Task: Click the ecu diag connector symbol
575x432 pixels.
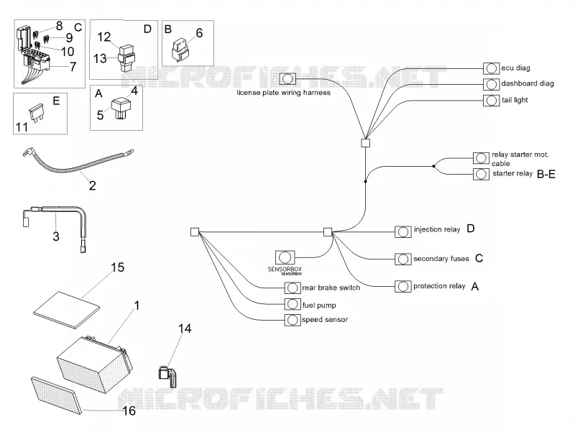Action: coord(491,68)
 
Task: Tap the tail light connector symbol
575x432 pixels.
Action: coord(491,101)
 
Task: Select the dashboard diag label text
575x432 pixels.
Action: coord(528,83)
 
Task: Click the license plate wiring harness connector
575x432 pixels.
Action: coord(287,79)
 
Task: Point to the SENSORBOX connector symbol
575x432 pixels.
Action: coord(285,257)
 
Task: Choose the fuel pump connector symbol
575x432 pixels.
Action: coord(293,304)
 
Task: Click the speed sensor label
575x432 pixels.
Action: coord(325,319)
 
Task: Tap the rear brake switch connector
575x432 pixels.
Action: coord(293,288)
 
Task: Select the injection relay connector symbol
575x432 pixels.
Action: coord(402,231)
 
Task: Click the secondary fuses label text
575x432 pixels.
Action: coord(441,259)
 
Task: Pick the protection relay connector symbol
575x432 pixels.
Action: coord(402,286)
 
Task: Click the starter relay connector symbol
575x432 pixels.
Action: coord(481,174)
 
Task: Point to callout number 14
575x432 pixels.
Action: coord(185,328)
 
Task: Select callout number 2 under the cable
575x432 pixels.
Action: coord(93,185)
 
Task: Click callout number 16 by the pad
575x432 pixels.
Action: coord(129,410)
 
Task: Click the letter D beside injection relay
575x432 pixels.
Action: coord(471,229)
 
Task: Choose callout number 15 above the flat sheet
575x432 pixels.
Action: coord(118,267)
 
